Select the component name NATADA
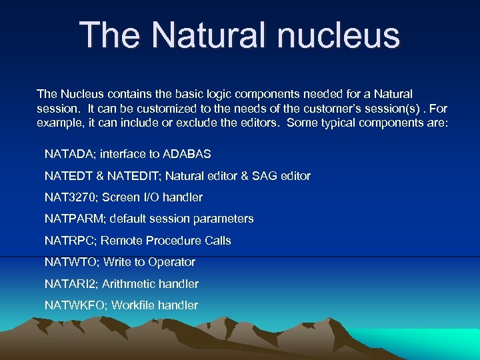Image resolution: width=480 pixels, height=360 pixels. click(x=70, y=154)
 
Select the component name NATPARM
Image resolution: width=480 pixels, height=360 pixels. click(x=73, y=219)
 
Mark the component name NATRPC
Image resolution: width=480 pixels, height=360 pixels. click(x=69, y=240)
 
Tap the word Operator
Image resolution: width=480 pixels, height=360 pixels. click(x=173, y=262)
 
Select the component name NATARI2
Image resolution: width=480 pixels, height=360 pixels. click(x=71, y=284)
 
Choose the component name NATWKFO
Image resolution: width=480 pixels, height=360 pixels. click(x=75, y=305)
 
